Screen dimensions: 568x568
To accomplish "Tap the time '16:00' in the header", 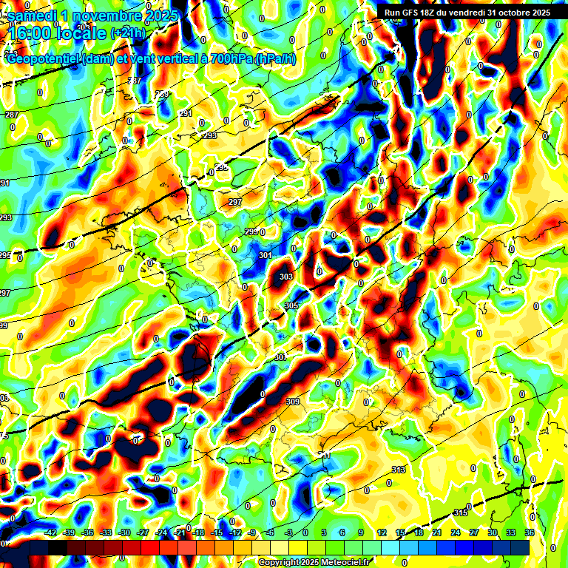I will [x=33, y=33].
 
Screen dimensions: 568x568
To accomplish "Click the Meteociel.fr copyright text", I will [x=314, y=563].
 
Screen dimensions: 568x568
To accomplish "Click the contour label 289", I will [x=162, y=94].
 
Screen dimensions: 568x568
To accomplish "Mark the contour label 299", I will [x=251, y=231].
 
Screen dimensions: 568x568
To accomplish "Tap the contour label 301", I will [x=266, y=255].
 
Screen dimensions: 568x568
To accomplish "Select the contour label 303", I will [x=286, y=277].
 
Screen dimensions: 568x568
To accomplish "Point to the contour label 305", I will [x=291, y=305].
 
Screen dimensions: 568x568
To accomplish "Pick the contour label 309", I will [x=292, y=402].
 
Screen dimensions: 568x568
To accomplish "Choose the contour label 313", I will [x=399, y=470].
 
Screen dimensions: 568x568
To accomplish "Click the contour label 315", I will [x=460, y=513].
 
